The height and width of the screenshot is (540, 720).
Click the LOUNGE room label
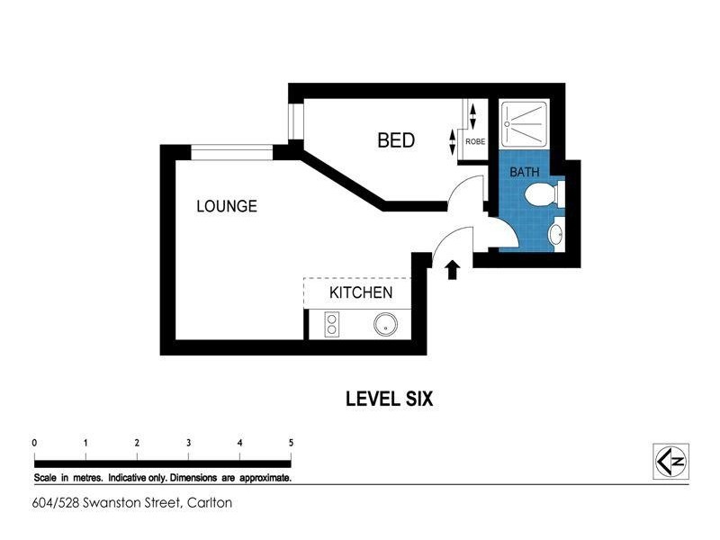click(227, 206)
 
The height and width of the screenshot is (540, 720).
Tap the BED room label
click(395, 140)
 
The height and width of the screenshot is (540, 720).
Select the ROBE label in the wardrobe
click(475, 141)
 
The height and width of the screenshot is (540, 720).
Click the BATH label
click(525, 171)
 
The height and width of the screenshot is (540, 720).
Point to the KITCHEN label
click(360, 292)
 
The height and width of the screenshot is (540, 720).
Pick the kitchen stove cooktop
click(330, 324)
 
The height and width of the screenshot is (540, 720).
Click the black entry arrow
click(453, 269)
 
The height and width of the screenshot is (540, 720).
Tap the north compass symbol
click(670, 461)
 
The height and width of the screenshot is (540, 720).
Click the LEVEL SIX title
click(390, 399)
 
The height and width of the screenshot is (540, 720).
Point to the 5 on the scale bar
click(291, 443)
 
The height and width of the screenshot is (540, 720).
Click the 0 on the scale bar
click(34, 443)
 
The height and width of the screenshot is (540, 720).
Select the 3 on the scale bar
click(188, 443)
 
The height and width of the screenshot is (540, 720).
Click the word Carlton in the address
click(209, 503)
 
